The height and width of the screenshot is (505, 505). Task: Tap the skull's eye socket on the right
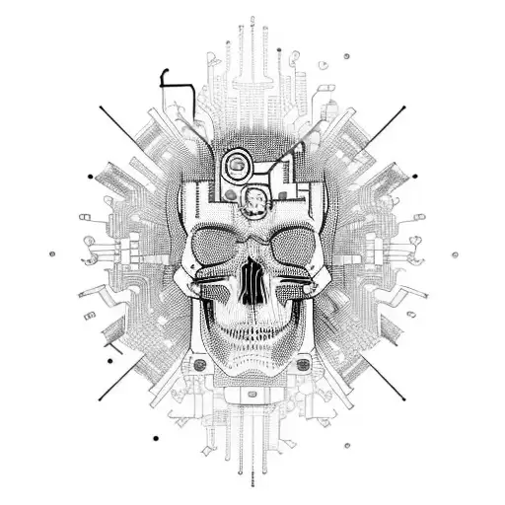[x=287, y=246]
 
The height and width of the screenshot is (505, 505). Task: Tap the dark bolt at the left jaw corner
[x=200, y=366]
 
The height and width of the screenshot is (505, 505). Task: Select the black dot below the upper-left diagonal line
[x=91, y=176]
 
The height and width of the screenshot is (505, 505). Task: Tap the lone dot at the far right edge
[x=456, y=254]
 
